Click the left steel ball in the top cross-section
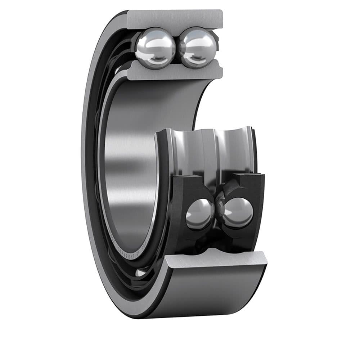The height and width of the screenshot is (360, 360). point(156,47)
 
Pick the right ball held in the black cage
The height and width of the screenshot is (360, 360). point(238,212)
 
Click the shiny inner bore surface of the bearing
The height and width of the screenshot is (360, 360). point(130,162)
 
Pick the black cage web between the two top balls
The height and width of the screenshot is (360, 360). point(177,47)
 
